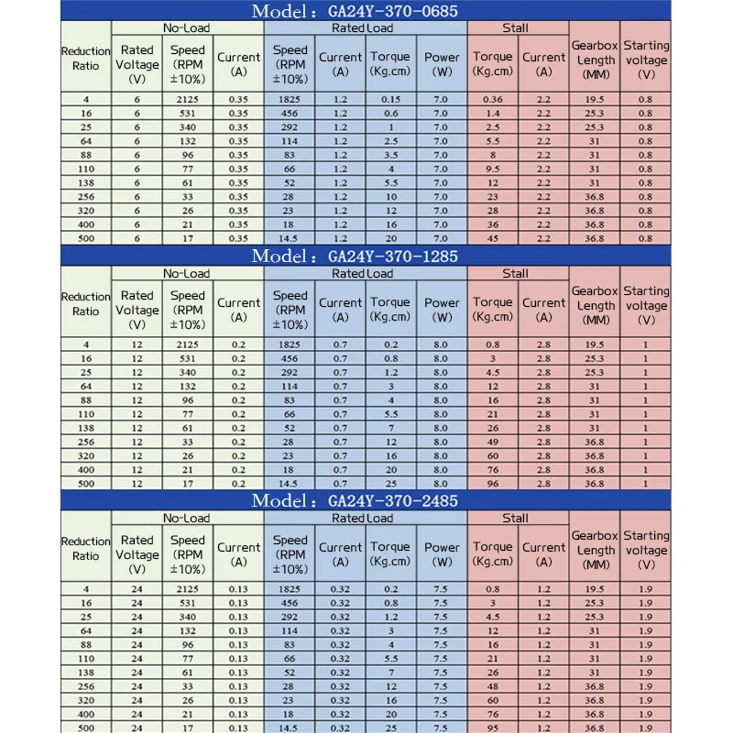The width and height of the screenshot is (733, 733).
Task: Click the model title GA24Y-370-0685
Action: [x=366, y=11]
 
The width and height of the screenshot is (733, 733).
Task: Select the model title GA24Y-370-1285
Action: [x=366, y=257]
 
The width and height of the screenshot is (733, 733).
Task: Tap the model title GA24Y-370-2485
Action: [x=366, y=501]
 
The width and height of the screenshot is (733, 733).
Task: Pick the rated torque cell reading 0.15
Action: [x=390, y=99]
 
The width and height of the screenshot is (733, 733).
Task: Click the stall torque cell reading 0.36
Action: [x=493, y=99]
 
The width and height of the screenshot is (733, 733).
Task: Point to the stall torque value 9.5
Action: [x=493, y=169]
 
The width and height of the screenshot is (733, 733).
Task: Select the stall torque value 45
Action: [x=493, y=238]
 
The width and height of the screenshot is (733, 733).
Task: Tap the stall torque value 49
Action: [x=493, y=442]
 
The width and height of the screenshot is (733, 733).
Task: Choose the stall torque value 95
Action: [x=493, y=728]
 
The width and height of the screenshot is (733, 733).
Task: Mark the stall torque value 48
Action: [x=493, y=686]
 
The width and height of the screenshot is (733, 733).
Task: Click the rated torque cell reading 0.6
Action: [x=390, y=113]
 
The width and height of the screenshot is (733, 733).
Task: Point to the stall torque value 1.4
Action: [x=493, y=113]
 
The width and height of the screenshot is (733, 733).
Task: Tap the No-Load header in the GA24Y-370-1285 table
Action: [x=187, y=273]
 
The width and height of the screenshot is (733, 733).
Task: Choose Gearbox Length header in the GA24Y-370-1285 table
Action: [x=596, y=305]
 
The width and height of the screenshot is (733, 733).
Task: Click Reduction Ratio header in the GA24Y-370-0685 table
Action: [x=86, y=59]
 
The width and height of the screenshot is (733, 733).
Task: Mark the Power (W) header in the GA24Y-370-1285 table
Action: [x=442, y=309]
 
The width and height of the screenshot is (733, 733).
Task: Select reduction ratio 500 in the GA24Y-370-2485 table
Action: [x=86, y=728]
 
